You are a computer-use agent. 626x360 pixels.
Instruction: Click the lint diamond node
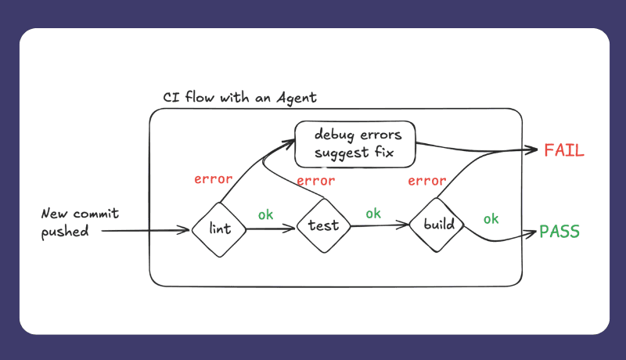[220, 229]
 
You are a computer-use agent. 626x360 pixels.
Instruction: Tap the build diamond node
[438, 225]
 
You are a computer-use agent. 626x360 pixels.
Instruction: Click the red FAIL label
[564, 151]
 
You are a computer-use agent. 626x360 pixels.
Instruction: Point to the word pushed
[67, 232]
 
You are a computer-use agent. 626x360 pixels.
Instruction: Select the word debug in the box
[333, 135]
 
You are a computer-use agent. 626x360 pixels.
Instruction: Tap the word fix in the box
[380, 152]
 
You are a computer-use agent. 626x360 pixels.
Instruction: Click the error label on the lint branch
[213, 179]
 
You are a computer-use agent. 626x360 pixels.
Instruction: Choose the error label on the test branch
[316, 181]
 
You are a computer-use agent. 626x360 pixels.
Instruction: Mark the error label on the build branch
[427, 182]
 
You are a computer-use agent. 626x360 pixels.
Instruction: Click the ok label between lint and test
[266, 214]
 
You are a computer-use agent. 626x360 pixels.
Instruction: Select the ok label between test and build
[373, 213]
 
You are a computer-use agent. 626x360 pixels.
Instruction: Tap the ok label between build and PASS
[491, 218]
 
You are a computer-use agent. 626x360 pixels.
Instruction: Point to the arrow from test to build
[380, 226]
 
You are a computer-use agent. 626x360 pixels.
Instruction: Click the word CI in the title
[171, 98]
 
